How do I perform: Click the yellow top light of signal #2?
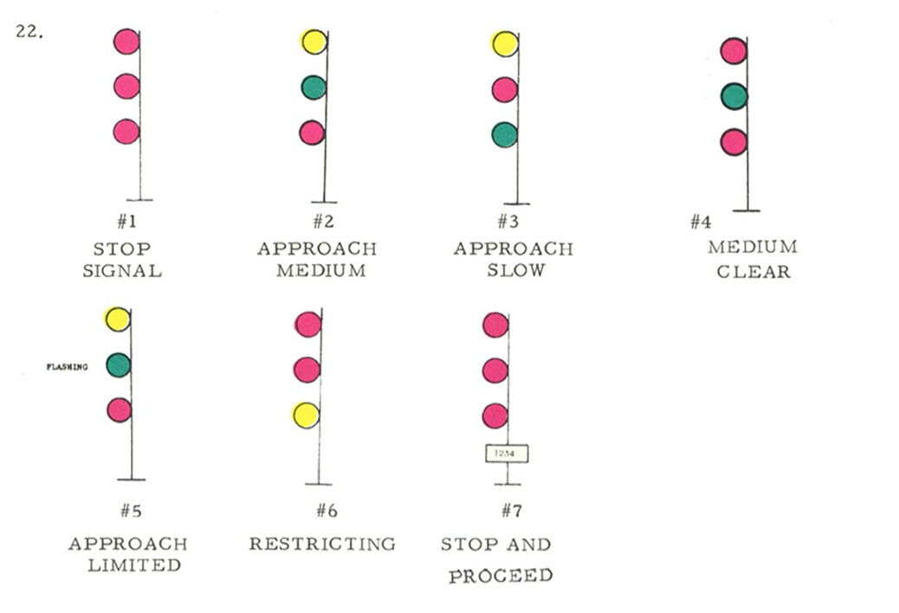pyautogui.click(x=314, y=41)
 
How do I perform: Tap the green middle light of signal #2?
pyautogui.click(x=314, y=87)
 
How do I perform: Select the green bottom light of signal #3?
pyautogui.click(x=504, y=135)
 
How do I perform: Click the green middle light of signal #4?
pyautogui.click(x=734, y=96)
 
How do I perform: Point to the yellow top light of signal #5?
pyautogui.click(x=117, y=319)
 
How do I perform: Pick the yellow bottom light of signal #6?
pyautogui.click(x=306, y=416)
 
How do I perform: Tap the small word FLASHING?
pyautogui.click(x=67, y=367)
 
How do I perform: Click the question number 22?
pyautogui.click(x=29, y=33)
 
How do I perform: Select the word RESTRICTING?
pyautogui.click(x=322, y=544)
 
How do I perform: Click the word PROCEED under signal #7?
pyautogui.click(x=500, y=576)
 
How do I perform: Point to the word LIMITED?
pyautogui.click(x=127, y=565)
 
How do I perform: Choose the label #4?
pyautogui.click(x=700, y=223)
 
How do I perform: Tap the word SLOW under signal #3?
pyautogui.click(x=515, y=270)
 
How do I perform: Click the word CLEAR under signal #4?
pyautogui.click(x=753, y=272)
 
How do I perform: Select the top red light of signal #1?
pyautogui.click(x=126, y=42)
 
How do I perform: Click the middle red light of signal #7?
pyautogui.click(x=495, y=371)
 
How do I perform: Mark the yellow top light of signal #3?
pyautogui.click(x=504, y=43)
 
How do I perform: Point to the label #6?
pyautogui.click(x=327, y=510)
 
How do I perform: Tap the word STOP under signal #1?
pyautogui.click(x=121, y=248)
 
